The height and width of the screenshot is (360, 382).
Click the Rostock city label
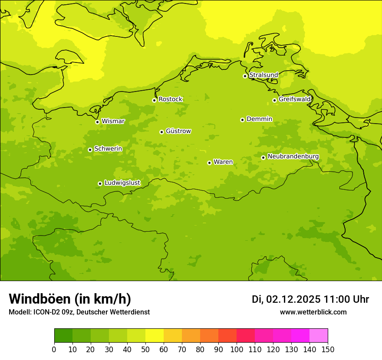click(x=170, y=99)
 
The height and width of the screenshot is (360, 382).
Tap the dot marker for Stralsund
click(x=245, y=76)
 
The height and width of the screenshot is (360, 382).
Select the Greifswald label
click(x=295, y=99)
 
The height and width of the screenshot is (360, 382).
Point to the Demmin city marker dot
click(x=242, y=120)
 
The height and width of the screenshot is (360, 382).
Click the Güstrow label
click(x=178, y=131)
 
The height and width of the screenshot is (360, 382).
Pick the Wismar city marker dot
click(x=97, y=122)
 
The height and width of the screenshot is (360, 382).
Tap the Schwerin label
click(x=108, y=149)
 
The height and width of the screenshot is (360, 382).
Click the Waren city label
click(x=223, y=162)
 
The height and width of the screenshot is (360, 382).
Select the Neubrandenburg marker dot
click(x=263, y=157)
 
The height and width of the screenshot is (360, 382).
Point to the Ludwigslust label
click(x=122, y=183)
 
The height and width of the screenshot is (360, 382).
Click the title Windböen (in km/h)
click(x=70, y=299)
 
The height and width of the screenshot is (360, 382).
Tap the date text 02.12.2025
click(x=293, y=299)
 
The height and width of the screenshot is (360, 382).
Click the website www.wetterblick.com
click(x=313, y=312)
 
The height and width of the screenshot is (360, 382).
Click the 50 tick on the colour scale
click(x=145, y=350)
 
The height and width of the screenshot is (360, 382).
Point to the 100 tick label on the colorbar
click(x=237, y=350)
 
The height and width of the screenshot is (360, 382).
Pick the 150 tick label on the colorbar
click(x=328, y=350)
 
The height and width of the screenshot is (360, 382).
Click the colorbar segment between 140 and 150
click(x=319, y=336)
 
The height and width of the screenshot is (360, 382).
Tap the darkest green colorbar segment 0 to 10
click(x=63, y=336)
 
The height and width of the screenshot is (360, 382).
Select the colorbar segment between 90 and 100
click(x=227, y=336)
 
